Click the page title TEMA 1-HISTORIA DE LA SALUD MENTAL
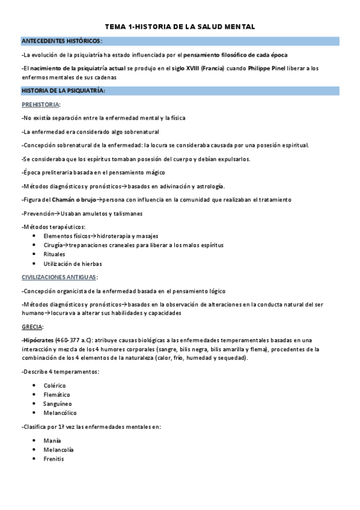coord(180,27)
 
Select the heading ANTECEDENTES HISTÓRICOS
coord(61,41)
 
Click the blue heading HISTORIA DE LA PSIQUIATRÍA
coord(63,91)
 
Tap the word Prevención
coord(40,213)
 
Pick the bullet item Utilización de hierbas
coord(73,264)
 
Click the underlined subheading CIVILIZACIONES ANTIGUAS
coord(59,277)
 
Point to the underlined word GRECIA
coord(31,327)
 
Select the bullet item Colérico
coord(55,385)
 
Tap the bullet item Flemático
coord(56,395)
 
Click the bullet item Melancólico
coord(60,413)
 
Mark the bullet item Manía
coord(52,440)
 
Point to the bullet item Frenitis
coord(53,459)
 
